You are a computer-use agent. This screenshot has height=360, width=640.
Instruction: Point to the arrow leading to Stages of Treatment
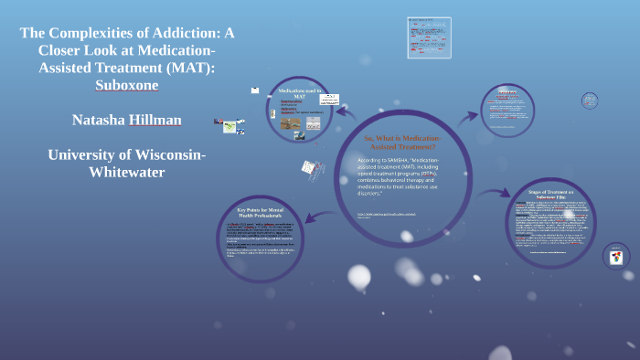(497, 193)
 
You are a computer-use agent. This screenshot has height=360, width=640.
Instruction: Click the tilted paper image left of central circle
(310, 170)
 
